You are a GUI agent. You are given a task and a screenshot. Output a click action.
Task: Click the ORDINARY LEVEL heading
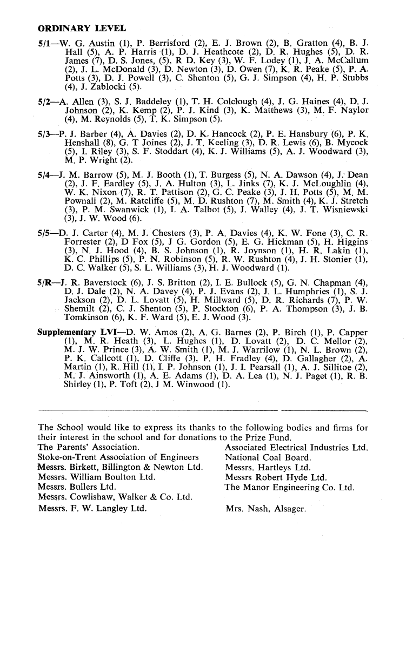pyautogui.click(x=82, y=28)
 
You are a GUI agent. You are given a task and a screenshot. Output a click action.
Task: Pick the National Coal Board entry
pyautogui.click(x=268, y=457)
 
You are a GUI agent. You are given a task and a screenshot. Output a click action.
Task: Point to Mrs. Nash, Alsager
pyautogui.click(x=265, y=508)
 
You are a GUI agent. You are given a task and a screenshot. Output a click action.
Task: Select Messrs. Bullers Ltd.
pyautogui.click(x=78, y=488)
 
